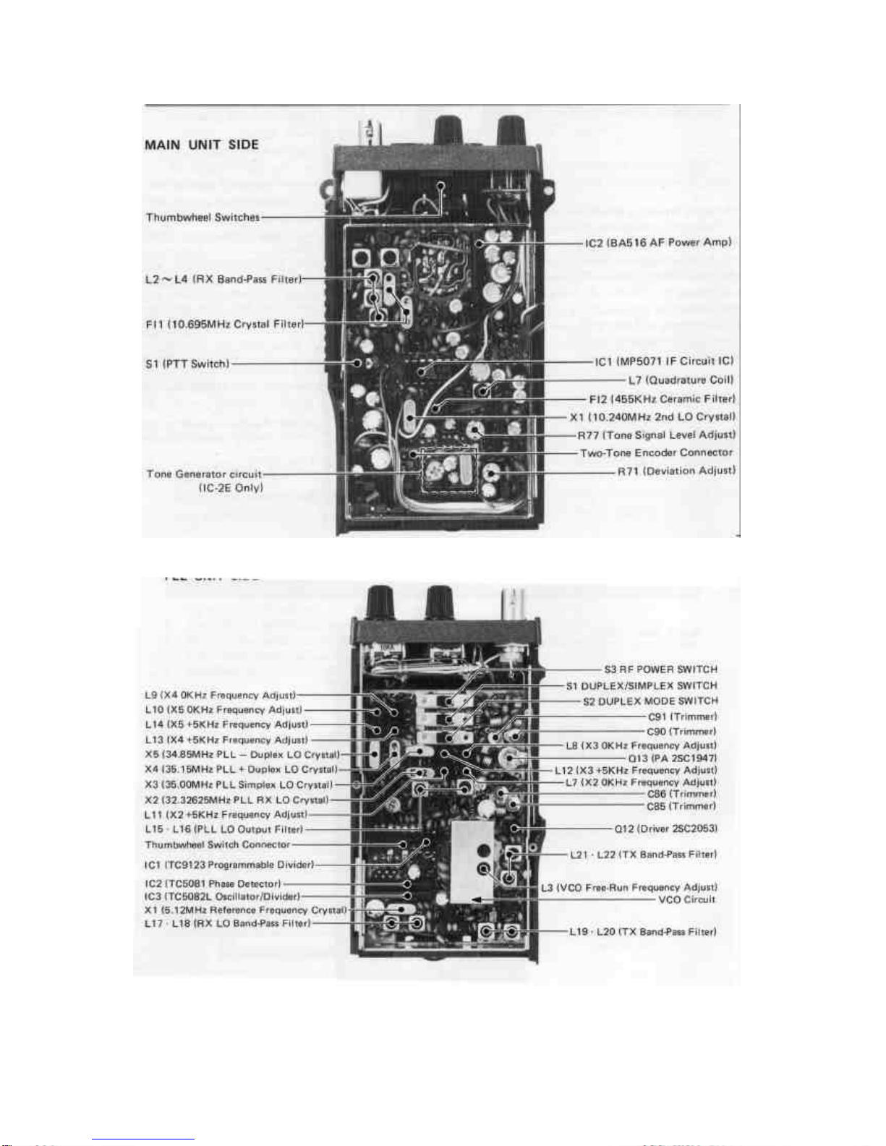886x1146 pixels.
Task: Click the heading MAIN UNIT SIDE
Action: pyautogui.click(x=201, y=145)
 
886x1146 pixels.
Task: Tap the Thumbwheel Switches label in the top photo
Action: pyautogui.click(x=203, y=217)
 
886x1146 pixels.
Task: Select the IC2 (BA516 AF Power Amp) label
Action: pyautogui.click(x=658, y=242)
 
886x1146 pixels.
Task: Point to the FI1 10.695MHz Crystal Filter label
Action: pyautogui.click(x=224, y=324)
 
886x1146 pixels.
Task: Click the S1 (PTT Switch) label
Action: pyautogui.click(x=187, y=364)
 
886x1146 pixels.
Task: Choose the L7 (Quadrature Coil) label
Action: pyautogui.click(x=680, y=380)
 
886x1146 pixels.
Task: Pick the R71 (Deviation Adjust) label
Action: pyautogui.click(x=676, y=471)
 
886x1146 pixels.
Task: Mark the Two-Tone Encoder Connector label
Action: pyautogui.click(x=656, y=453)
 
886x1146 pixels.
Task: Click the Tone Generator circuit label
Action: pyautogui.click(x=204, y=474)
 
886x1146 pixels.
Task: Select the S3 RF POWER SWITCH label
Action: pyautogui.click(x=660, y=670)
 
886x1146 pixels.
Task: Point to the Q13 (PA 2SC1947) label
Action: pyautogui.click(x=672, y=758)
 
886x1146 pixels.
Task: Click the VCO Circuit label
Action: pyautogui.click(x=686, y=899)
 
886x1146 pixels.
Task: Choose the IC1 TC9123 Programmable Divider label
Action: pyautogui.click(x=229, y=865)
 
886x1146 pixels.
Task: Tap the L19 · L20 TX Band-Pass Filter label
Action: pyautogui.click(x=643, y=931)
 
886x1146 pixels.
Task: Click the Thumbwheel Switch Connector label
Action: pyautogui.click(x=217, y=844)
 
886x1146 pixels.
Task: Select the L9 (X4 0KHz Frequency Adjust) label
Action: pyautogui.click(x=220, y=696)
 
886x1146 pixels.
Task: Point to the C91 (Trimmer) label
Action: pyautogui.click(x=682, y=717)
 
